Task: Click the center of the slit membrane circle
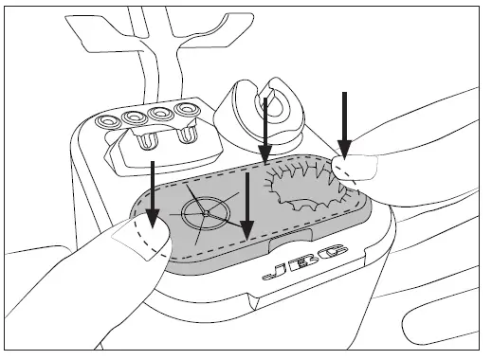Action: (206, 213)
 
